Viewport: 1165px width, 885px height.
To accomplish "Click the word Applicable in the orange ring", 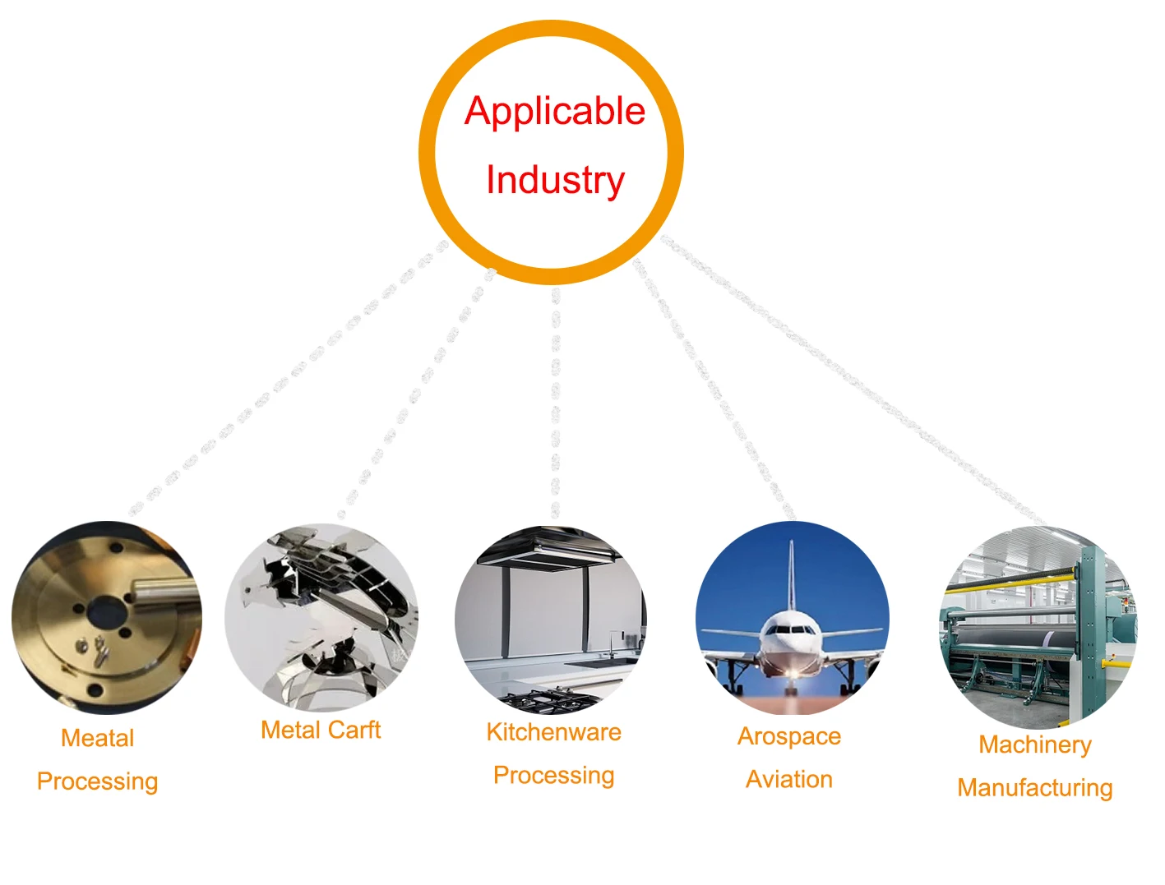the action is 555,111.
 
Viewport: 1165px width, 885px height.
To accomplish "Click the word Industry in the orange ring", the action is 555,180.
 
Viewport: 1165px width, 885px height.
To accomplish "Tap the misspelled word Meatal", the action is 97,738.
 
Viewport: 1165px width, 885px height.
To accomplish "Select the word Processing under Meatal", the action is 97,781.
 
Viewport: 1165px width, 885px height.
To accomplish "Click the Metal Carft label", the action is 321,730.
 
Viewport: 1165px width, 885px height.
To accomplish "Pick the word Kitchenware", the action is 553,732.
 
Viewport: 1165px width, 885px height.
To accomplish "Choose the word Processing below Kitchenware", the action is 553,775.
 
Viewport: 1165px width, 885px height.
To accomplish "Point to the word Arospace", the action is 789,736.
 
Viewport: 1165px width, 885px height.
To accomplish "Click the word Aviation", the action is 789,779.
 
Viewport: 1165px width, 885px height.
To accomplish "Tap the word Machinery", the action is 1035,744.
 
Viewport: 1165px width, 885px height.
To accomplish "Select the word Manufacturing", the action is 1035,788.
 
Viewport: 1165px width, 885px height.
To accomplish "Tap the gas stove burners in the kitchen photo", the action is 551,701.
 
